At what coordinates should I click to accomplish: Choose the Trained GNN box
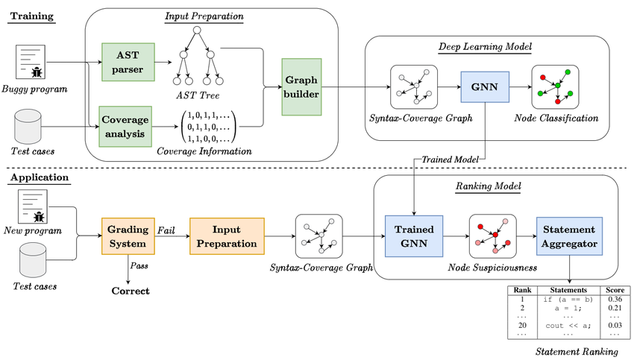click(x=413, y=236)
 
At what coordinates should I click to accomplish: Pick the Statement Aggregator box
click(x=568, y=236)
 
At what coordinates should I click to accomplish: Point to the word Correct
click(x=131, y=291)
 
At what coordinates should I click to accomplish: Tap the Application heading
click(x=38, y=178)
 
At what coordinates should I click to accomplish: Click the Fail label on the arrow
click(x=166, y=230)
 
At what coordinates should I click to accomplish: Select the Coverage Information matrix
click(x=207, y=127)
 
